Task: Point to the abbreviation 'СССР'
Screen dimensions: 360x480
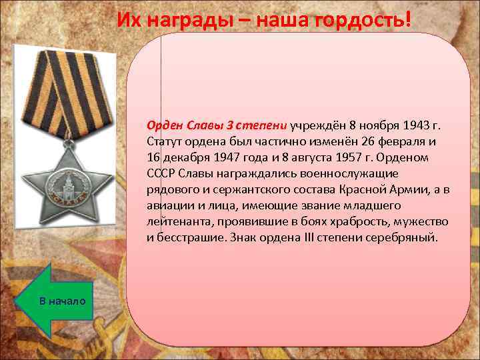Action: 161,173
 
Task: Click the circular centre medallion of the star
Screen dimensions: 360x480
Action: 64,181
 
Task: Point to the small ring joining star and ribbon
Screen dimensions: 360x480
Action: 68,137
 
